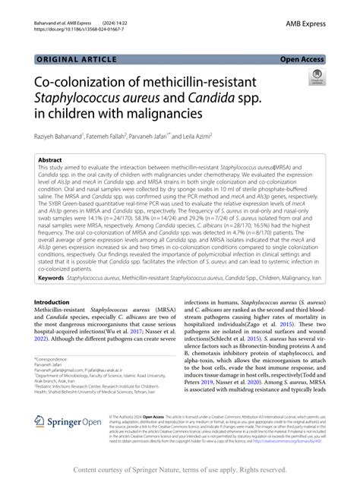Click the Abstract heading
(x=52, y=160)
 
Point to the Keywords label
(x=53, y=279)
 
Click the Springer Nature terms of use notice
(x=180, y=470)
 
